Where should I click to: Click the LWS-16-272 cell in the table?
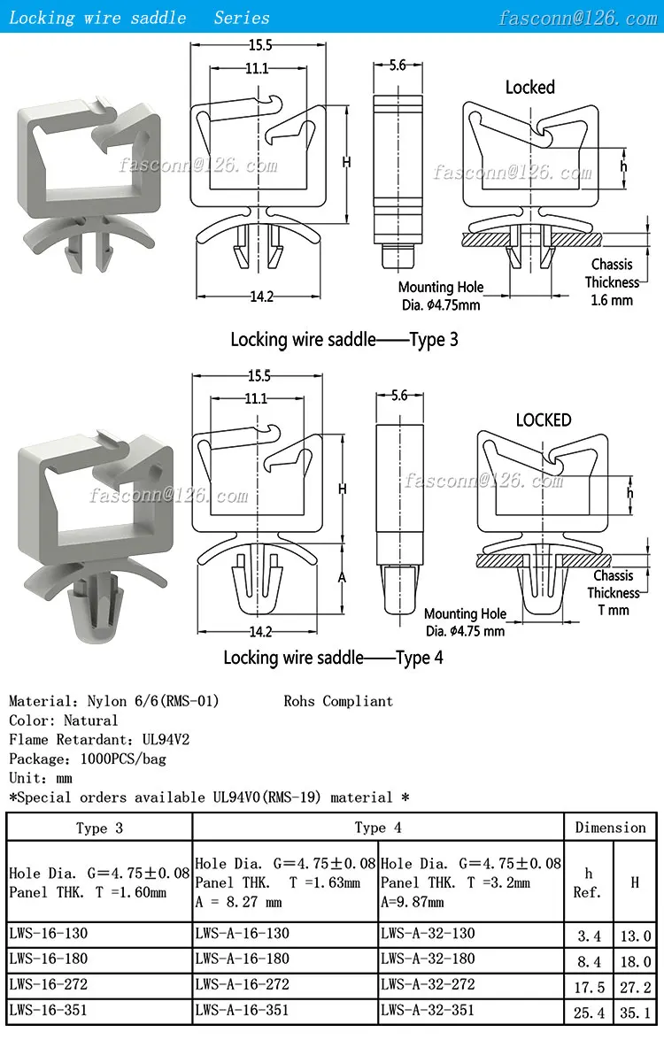(49, 984)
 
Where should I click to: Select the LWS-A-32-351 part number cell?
(428, 1010)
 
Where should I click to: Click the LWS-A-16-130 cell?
(242, 934)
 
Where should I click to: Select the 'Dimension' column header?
(611, 828)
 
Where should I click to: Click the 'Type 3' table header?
(99, 828)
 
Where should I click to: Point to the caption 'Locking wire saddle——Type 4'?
(333, 658)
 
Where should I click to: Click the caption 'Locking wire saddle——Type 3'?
(344, 340)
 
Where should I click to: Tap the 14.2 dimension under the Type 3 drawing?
(260, 297)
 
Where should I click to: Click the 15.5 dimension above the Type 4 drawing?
(260, 376)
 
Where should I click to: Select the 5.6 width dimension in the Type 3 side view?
(397, 65)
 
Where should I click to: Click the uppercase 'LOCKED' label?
(544, 420)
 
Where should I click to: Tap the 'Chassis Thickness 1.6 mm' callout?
(612, 282)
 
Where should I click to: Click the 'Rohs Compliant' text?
(338, 701)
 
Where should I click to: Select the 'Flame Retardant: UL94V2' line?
(99, 740)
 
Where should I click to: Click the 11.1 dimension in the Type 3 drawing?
(258, 70)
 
